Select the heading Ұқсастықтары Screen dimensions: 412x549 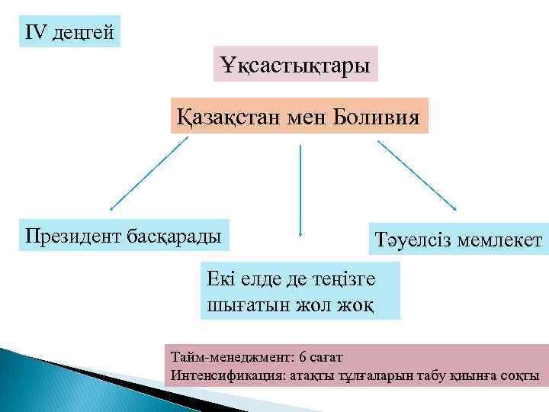coord(296,65)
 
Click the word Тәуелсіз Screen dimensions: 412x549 coord(413,240)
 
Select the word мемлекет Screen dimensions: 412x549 coord(501,240)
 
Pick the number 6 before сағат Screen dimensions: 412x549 coord(303,356)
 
